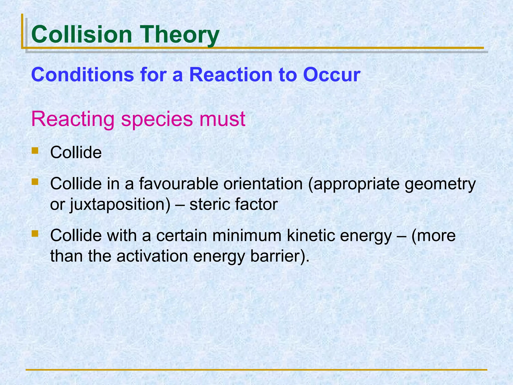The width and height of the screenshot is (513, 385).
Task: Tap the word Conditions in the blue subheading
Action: [x=83, y=75]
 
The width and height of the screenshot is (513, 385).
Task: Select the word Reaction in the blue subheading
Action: [x=230, y=75]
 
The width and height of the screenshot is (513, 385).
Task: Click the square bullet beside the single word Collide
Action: [x=35, y=150]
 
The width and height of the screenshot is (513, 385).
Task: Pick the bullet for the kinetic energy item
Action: [x=35, y=234]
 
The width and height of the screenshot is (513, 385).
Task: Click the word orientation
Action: [x=263, y=183]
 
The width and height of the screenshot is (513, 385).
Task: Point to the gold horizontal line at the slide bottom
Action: [x=256, y=370]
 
